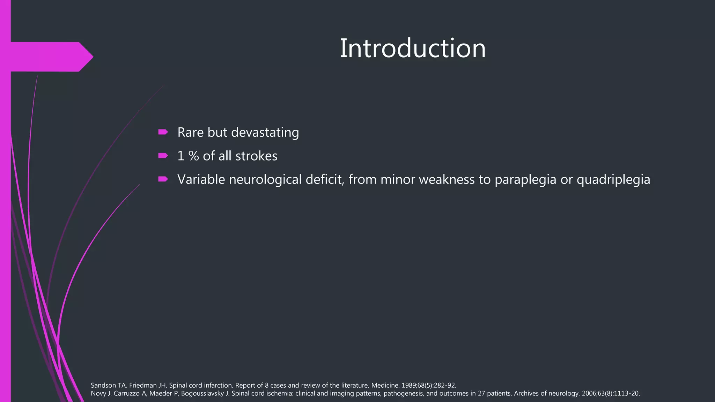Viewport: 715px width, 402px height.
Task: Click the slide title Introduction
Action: coord(413,49)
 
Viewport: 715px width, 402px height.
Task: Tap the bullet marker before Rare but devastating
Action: coord(163,132)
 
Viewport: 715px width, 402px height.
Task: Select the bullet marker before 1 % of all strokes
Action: coord(163,156)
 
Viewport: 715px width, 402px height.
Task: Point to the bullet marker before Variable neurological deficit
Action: coord(163,179)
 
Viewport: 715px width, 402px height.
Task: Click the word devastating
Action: coord(265,132)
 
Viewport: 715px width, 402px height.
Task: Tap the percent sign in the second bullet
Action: coord(194,156)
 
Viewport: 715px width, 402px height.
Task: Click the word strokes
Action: coord(256,156)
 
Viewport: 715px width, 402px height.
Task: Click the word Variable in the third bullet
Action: coord(201,180)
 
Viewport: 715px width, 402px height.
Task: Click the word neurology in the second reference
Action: coord(566,394)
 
